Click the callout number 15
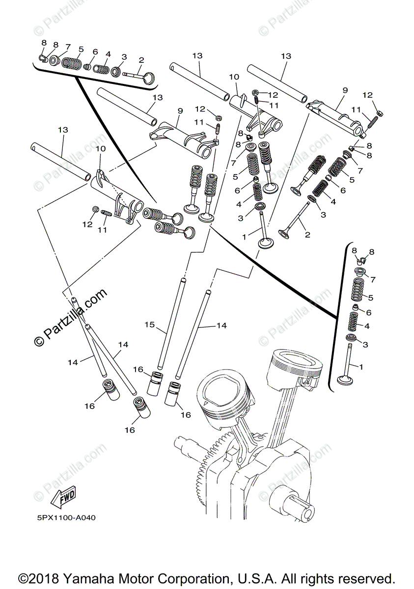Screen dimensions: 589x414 tap(150, 324)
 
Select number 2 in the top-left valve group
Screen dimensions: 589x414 tap(141, 60)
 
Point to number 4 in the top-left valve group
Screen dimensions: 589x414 tap(108, 54)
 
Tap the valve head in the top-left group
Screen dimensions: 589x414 tap(150, 78)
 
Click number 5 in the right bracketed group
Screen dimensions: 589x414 tap(370, 297)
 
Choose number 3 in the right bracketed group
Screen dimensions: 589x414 tap(365, 345)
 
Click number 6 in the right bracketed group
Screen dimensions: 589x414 tap(368, 312)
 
